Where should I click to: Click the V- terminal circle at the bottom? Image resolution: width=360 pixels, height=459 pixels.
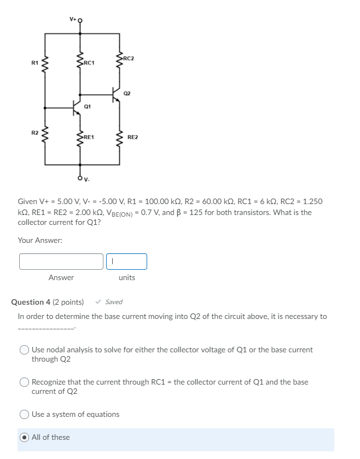coord(80,176)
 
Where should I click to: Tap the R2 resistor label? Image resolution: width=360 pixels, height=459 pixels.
coord(34,133)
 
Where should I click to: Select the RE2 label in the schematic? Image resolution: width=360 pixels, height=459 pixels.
coord(133,137)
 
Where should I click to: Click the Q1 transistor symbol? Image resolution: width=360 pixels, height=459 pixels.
coord(77,107)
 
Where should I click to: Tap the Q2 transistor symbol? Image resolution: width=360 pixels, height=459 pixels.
coord(115,95)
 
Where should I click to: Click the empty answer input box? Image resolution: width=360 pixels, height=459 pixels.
coord(61,262)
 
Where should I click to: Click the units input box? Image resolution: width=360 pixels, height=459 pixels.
coord(126,262)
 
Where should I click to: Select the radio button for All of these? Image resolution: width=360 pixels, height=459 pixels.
coord(25,437)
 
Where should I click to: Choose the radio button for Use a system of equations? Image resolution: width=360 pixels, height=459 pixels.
coord(25,415)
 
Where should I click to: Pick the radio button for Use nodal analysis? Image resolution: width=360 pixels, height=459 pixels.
coord(25,350)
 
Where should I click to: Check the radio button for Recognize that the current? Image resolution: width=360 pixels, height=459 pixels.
coord(25,382)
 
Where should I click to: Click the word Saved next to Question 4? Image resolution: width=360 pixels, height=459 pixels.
coord(114,302)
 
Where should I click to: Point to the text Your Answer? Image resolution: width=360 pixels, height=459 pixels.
coord(40,240)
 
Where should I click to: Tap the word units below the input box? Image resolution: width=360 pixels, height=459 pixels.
coord(126,277)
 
